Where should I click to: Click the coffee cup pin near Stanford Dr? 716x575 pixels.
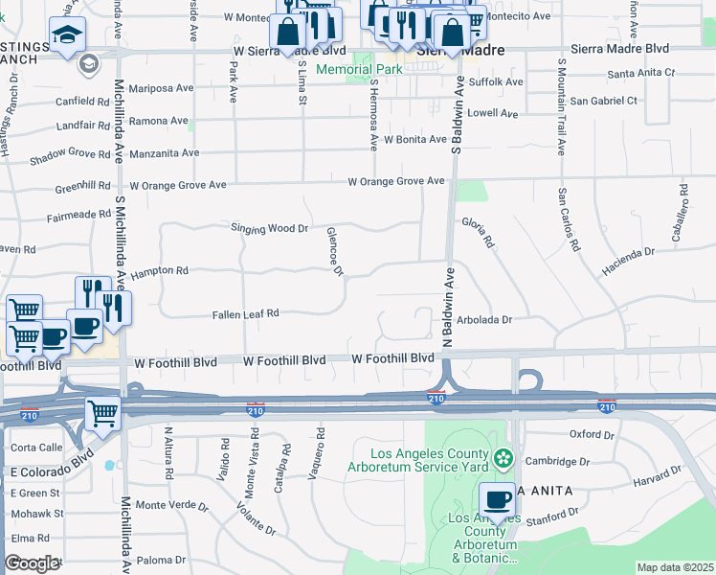click(x=497, y=501)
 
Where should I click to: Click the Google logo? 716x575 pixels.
click(x=32, y=563)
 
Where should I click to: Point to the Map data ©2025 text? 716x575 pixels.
click(x=675, y=567)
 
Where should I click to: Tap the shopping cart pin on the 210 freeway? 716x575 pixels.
click(x=102, y=413)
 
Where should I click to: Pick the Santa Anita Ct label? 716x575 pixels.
click(x=641, y=73)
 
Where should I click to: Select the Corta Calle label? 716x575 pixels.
click(x=35, y=448)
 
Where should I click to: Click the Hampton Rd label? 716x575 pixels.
click(x=161, y=271)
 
